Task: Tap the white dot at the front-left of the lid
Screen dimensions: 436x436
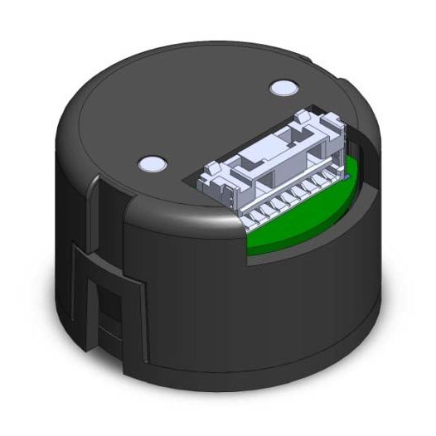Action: [151, 163]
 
